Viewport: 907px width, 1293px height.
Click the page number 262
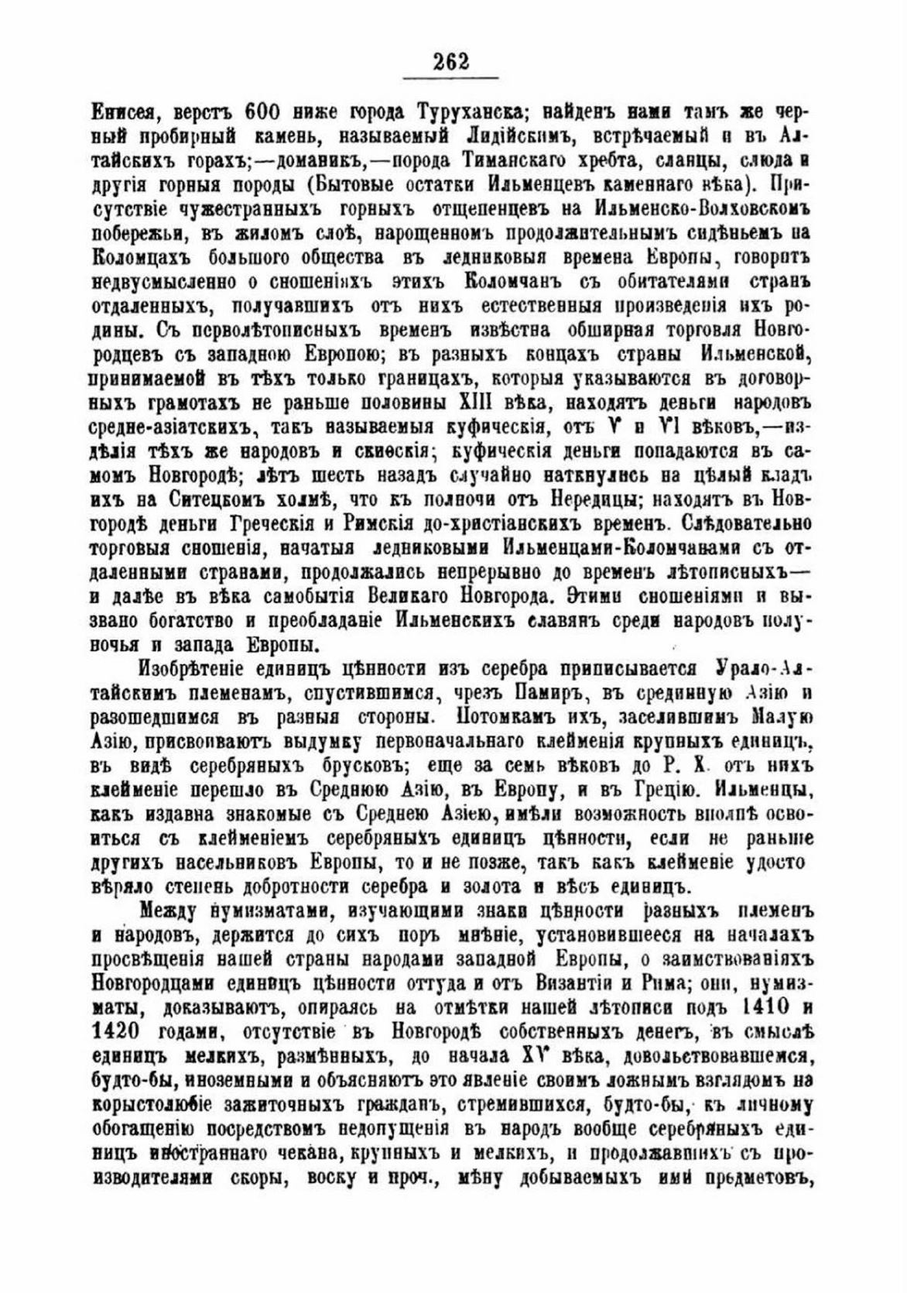pos(451,61)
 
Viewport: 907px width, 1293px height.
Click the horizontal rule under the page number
pos(451,78)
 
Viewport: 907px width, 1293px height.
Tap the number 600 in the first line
pos(267,110)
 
